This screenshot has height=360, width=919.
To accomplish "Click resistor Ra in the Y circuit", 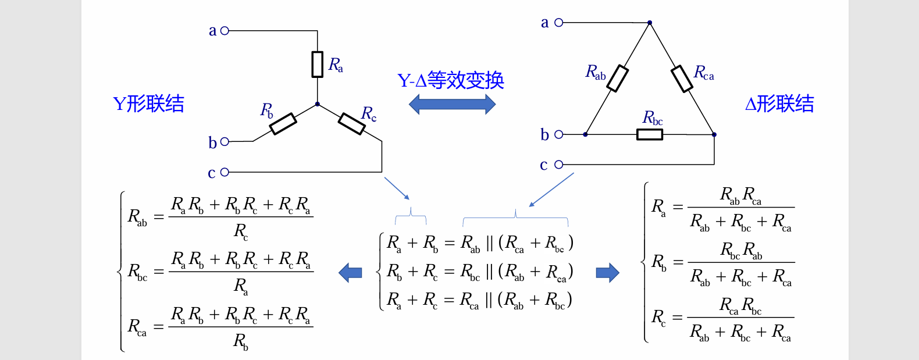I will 317,65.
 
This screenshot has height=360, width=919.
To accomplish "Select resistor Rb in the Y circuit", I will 283,124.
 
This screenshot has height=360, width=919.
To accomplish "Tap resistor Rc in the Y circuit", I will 352,124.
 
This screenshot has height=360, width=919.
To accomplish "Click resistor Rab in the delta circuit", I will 617,79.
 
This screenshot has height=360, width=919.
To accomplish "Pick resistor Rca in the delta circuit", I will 682,79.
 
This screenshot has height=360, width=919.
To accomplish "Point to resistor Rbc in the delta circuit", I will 650,134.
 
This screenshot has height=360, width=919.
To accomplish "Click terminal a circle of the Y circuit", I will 225,30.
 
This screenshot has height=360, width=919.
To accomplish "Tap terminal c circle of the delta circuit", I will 558,165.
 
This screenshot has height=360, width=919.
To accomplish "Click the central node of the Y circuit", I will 317,105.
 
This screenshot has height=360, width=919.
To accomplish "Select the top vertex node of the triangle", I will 650,23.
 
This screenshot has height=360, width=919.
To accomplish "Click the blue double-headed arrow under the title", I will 452,105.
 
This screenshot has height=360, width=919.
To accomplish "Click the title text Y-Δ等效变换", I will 451,80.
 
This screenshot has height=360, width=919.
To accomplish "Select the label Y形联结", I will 149,104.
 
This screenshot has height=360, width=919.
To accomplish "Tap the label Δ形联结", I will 779,104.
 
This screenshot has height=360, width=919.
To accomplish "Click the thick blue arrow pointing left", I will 351,272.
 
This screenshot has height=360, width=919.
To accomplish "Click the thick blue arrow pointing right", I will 607,272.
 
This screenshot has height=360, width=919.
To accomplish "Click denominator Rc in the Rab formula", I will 241,232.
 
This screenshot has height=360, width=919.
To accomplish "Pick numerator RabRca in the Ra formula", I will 740,195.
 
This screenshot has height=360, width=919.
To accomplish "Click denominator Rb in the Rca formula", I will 241,341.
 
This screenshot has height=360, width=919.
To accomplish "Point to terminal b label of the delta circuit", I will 544,135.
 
